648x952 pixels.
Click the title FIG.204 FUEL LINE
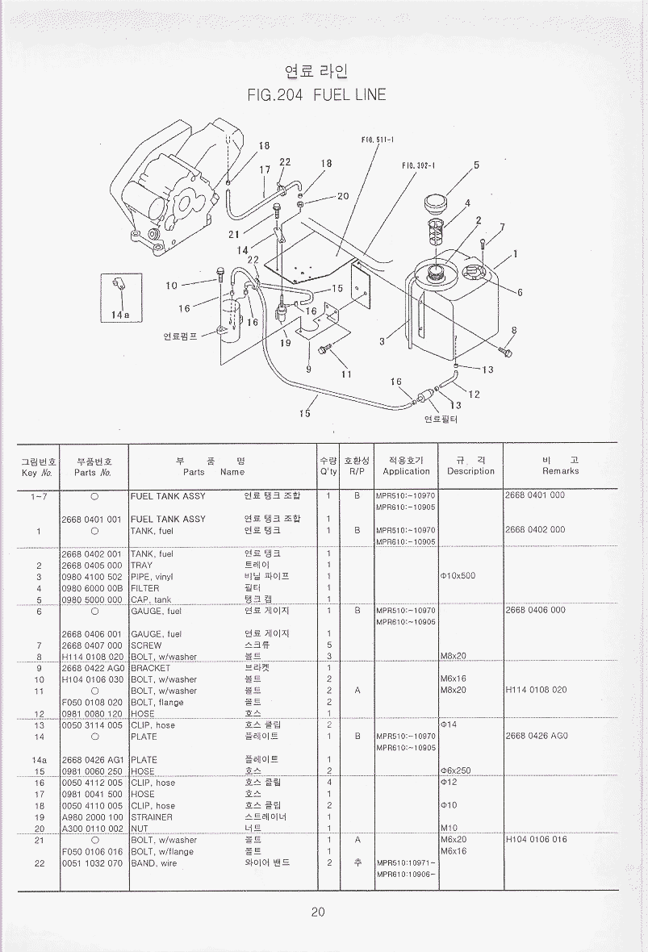point(317,95)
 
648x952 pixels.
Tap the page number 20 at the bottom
point(318,912)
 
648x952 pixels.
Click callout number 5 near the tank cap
point(476,165)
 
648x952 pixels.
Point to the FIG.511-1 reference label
point(377,140)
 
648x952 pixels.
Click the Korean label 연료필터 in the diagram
point(441,420)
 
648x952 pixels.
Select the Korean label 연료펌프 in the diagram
point(180,335)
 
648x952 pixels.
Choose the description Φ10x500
point(458,576)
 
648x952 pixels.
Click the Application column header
point(406,472)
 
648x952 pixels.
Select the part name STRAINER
point(152,817)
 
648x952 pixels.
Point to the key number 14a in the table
point(39,760)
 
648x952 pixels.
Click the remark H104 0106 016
point(536,840)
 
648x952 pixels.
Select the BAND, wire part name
point(154,863)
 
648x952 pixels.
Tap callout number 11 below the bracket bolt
point(347,374)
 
